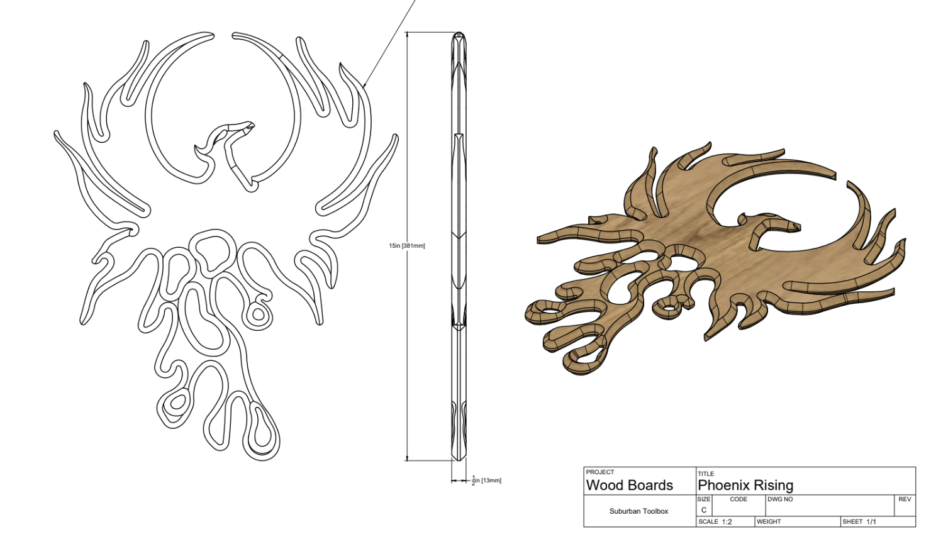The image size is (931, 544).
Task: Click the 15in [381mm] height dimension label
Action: tap(406, 245)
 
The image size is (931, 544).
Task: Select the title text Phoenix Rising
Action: tap(745, 485)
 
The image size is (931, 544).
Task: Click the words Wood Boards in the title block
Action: tap(629, 485)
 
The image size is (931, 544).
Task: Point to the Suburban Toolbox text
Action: tap(638, 511)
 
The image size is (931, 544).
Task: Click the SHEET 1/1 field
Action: tap(859, 521)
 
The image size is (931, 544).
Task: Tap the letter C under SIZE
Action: tap(704, 510)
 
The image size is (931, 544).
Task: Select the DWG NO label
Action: tap(780, 499)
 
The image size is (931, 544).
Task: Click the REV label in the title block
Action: tap(905, 499)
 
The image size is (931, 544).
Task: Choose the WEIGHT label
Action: tap(769, 521)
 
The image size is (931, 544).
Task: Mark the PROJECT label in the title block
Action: tap(599, 472)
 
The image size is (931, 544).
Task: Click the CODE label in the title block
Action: tap(739, 499)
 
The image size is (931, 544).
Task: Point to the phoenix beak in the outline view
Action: tap(250, 126)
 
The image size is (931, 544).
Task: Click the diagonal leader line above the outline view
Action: tap(390, 44)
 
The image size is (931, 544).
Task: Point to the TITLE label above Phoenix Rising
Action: tap(706, 474)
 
